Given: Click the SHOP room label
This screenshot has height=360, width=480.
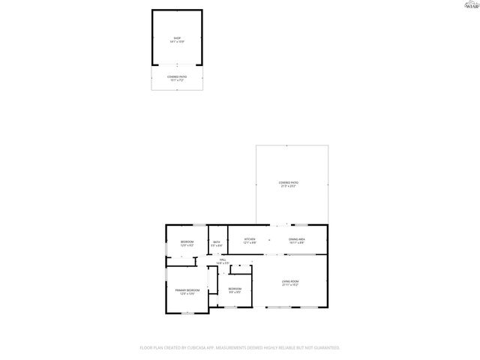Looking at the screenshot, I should coord(177,37).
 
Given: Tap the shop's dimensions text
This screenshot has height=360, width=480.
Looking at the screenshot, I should coord(177,41).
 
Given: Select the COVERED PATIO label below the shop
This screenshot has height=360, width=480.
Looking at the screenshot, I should coord(177,76).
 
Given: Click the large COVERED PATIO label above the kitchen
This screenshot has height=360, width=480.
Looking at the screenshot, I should coord(288,182).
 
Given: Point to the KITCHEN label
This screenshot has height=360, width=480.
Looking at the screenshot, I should coord(250,239).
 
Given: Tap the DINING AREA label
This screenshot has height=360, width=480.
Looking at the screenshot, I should coord(297,239).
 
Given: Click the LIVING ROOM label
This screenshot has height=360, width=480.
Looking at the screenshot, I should coord(290,281).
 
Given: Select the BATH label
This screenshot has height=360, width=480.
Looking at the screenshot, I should coord(216,241).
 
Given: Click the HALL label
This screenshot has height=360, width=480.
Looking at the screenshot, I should coord(223,259).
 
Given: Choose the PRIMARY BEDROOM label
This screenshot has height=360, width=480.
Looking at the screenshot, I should coord(187,289).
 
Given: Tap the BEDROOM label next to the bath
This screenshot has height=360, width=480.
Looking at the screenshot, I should coord(187,241).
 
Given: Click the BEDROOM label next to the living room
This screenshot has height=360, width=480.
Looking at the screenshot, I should coord(235,289).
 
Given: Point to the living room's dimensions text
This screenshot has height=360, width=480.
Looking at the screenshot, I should coord(290,285).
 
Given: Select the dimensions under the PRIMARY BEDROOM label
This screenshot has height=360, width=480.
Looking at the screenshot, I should coord(187,293).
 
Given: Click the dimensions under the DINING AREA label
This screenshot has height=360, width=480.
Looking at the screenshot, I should coord(297,243).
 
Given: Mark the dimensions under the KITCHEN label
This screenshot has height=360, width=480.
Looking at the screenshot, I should coord(250,243).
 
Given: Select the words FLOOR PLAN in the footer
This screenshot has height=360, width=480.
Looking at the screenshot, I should coord(153,348).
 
